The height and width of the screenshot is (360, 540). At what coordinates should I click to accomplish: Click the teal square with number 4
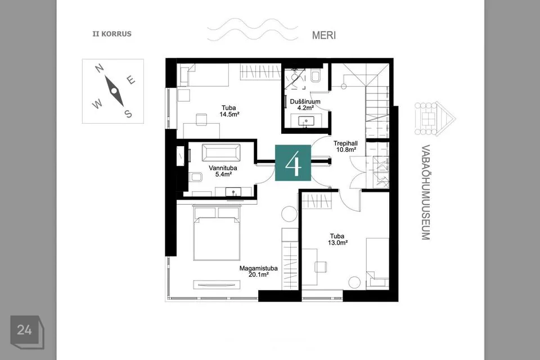(292, 163)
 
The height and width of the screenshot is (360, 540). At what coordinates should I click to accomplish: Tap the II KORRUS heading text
(112, 34)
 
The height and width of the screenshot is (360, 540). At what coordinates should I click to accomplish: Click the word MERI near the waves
(324, 35)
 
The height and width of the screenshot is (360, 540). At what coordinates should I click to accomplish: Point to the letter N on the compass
(99, 68)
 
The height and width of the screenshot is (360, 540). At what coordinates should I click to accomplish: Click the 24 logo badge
(27, 332)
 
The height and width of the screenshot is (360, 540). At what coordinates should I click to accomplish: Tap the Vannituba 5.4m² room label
(223, 171)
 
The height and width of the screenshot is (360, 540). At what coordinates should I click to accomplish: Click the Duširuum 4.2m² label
(305, 105)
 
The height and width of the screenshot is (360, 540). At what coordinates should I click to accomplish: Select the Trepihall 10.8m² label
(345, 146)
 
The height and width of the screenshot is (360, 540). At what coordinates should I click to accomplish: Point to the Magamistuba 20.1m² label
(258, 272)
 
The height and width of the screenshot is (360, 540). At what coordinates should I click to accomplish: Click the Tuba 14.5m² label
(229, 111)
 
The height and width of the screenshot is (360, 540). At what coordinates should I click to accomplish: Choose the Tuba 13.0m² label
(337, 239)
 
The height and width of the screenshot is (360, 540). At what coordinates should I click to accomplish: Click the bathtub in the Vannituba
(221, 152)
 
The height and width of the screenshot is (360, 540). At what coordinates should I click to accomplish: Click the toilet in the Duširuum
(316, 76)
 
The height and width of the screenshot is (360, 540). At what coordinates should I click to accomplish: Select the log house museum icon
(435, 119)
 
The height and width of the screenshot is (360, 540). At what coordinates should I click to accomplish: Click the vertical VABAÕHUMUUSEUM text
(426, 192)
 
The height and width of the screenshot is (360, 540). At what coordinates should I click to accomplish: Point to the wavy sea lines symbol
(253, 30)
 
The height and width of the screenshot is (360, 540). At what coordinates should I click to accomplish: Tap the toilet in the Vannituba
(196, 177)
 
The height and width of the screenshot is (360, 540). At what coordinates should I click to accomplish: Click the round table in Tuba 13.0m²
(354, 282)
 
